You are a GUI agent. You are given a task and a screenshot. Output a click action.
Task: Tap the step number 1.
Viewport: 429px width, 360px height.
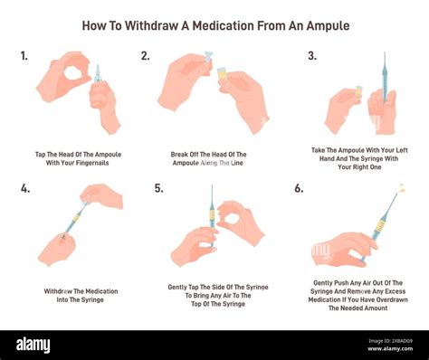click(x=24, y=56)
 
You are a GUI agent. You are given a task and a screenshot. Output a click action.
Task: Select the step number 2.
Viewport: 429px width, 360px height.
click(x=146, y=56)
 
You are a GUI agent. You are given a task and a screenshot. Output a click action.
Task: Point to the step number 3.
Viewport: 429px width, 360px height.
click(x=312, y=56)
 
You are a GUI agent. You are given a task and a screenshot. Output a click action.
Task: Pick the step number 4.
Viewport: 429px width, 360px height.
click(x=25, y=189)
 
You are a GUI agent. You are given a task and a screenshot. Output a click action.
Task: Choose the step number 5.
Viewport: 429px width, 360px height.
click(x=159, y=189)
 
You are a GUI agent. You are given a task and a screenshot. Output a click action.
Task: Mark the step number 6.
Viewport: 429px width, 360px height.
click(x=299, y=189)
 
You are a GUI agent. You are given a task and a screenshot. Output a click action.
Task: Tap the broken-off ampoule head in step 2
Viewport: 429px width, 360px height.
click(x=208, y=56)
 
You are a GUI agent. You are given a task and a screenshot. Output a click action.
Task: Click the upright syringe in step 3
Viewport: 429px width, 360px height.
click(x=384, y=81)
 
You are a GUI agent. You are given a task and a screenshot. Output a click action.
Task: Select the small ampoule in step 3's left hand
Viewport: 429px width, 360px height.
click(x=358, y=92)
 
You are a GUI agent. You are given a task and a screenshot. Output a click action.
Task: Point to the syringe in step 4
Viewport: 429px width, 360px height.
click(x=75, y=218)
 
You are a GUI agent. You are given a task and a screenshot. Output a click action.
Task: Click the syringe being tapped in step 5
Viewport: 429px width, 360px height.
click(x=213, y=215)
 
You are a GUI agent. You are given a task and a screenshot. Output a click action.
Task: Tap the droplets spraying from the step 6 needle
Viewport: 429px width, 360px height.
click(x=401, y=187)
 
